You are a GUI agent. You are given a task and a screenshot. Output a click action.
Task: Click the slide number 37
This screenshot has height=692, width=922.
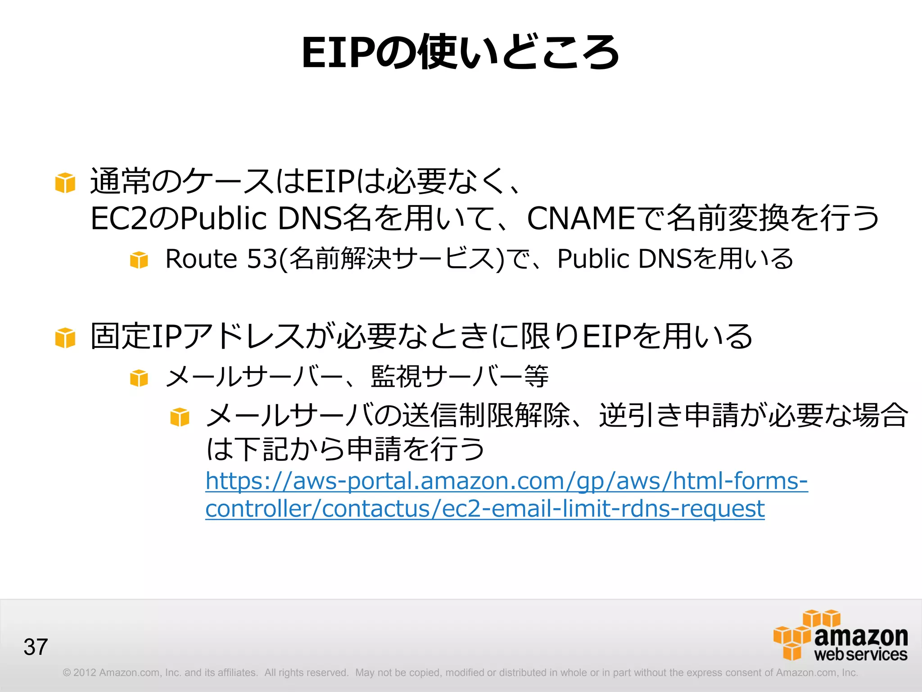[36, 647]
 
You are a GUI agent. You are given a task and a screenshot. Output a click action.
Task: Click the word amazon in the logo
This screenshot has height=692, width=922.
[861, 636]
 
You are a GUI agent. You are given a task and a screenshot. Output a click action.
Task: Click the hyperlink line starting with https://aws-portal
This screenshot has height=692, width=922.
[506, 481]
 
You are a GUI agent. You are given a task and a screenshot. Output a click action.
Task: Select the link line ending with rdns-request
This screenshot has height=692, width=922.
[485, 509]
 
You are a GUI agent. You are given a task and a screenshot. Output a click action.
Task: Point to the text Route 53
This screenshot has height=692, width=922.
[221, 259]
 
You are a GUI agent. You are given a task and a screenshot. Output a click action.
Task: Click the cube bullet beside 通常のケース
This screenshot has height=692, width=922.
[65, 183]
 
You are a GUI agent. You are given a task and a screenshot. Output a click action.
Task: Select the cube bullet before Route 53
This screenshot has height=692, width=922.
[139, 260]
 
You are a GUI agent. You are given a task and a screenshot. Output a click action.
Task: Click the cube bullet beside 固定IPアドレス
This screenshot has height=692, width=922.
[65, 338]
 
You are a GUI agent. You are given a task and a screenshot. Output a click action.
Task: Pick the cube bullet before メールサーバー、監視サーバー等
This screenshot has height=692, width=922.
[139, 378]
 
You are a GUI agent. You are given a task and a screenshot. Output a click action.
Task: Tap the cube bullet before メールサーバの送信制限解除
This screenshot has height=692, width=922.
[180, 417]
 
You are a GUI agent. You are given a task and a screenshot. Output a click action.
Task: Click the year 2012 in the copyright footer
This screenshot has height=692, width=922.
[85, 673]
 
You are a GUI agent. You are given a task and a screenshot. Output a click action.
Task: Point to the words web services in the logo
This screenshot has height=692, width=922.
[861, 654]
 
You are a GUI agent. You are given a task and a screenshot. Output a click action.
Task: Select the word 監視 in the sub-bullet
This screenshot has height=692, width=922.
[396, 377]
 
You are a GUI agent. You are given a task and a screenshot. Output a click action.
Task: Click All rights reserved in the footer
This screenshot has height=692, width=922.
[307, 673]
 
